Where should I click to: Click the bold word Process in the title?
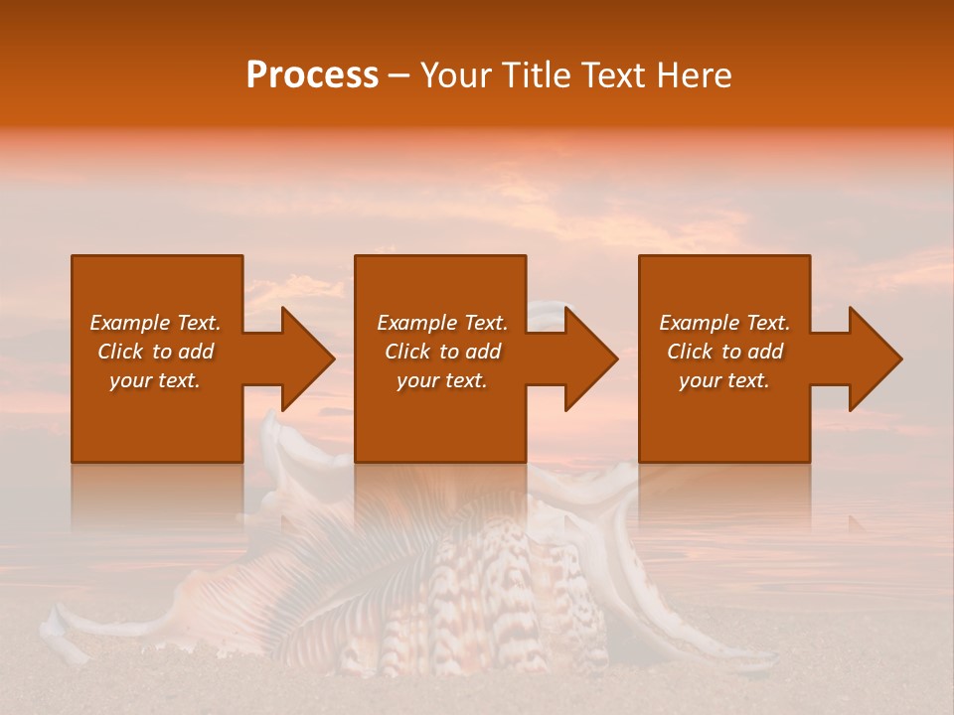[x=312, y=75]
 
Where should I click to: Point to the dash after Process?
[x=398, y=76]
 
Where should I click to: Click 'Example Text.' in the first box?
[x=155, y=323]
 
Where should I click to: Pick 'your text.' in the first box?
[x=155, y=380]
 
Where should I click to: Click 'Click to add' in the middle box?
[x=442, y=352]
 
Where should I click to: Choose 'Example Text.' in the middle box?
[x=442, y=323]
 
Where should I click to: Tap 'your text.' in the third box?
[x=724, y=380]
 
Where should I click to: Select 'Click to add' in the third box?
[x=724, y=352]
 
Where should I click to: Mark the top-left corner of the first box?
[x=73, y=256]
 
